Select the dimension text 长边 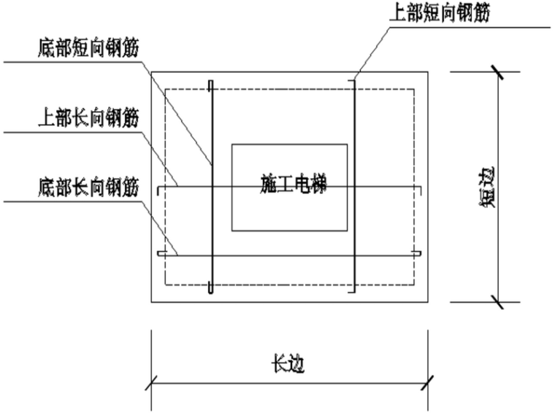(288, 363)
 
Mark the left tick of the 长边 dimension (152, 381)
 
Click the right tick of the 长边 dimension (428, 381)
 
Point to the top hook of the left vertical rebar (210, 84)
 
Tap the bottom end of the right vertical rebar (355, 290)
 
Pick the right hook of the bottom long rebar (417, 254)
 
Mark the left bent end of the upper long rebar (159, 191)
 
